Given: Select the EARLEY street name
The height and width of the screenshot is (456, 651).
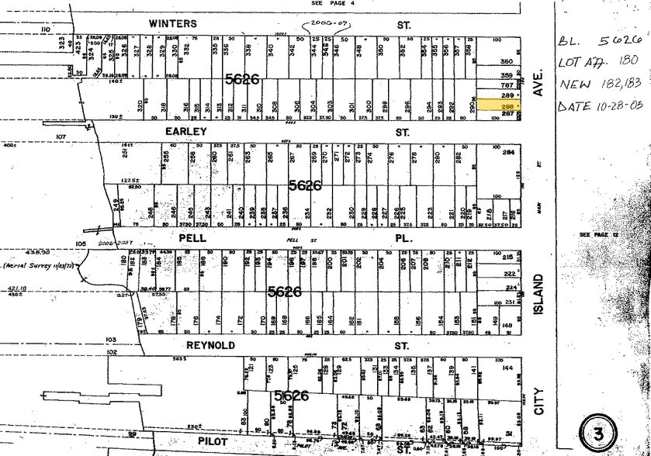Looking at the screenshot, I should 186,133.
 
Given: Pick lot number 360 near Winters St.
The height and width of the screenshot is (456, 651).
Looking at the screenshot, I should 507,61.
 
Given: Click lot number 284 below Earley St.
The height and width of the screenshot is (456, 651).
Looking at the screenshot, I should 508,152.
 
